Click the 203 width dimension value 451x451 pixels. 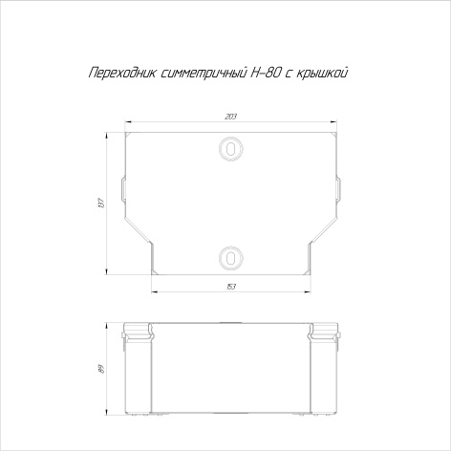tap(230, 117)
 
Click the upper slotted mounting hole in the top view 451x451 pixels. tap(230, 149)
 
